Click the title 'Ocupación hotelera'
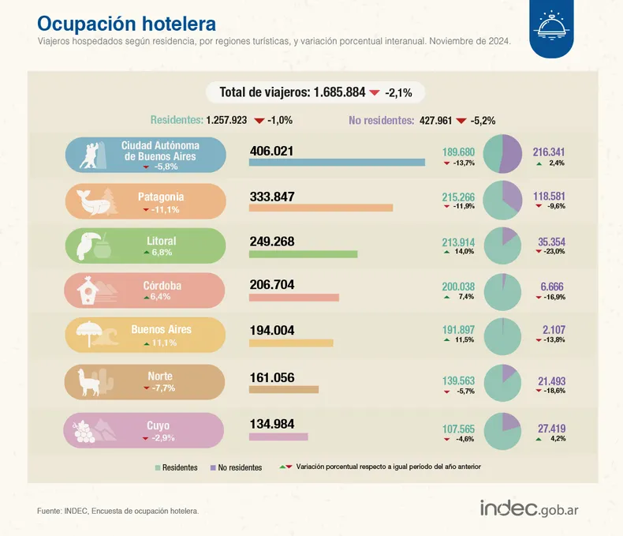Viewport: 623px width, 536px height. click(x=126, y=23)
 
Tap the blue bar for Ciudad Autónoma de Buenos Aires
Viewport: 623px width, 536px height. click(x=337, y=163)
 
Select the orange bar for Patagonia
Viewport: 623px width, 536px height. click(x=320, y=208)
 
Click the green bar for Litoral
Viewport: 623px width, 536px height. click(x=303, y=253)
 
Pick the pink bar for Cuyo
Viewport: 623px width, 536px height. click(x=278, y=437)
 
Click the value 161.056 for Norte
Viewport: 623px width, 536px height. click(x=271, y=377)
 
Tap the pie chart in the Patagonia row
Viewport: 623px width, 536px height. click(x=502, y=200)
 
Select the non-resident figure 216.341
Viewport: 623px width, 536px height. click(x=549, y=152)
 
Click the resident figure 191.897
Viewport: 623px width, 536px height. click(x=458, y=329)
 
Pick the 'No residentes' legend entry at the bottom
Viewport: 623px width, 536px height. click(x=236, y=468)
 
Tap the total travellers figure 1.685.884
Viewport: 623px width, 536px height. click(x=339, y=92)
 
